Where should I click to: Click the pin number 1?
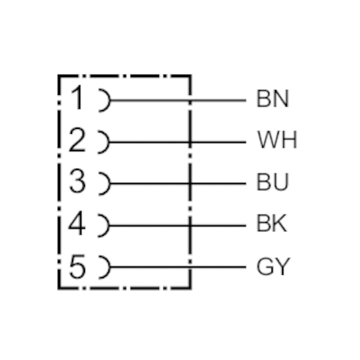tap(77, 98)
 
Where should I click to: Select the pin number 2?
tap(77, 139)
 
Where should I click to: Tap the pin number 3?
tap(77, 181)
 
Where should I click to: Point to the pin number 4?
tap(77, 223)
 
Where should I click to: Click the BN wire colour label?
tap(272, 99)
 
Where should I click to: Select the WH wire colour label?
tap(277, 139)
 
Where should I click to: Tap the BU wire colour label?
tap(272, 182)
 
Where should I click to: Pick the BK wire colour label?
tap(272, 224)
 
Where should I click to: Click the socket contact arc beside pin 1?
tap(109, 101)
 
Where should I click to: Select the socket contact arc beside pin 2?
tap(109, 142)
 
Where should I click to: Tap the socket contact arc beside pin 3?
tap(109, 184)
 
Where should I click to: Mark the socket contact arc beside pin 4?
tap(109, 225)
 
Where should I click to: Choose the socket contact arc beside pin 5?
tap(109, 268)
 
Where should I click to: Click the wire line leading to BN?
tap(178, 101)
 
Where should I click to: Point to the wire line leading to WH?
tap(178, 142)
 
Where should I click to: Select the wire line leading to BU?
tap(178, 184)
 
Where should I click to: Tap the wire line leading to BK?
tap(178, 225)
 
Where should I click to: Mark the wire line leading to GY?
tap(178, 268)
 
